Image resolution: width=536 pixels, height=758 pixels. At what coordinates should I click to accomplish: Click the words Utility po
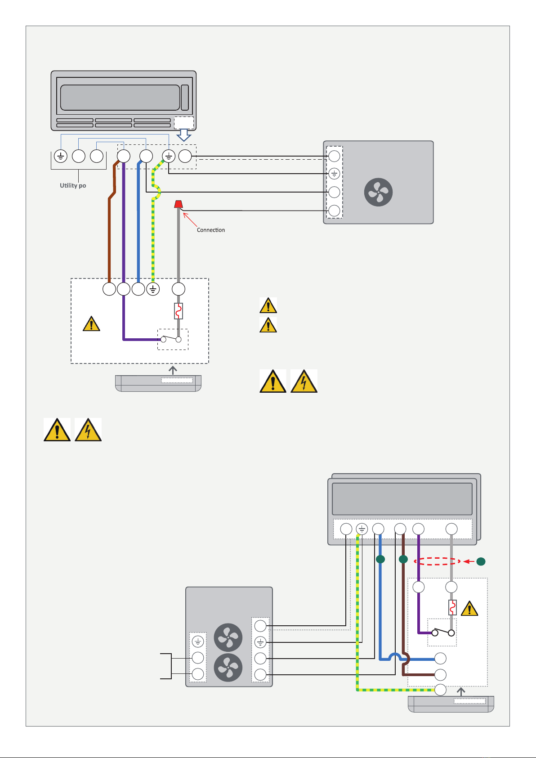pyautogui.click(x=73, y=185)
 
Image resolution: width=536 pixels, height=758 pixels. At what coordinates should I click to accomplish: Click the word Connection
pyautogui.click(x=211, y=230)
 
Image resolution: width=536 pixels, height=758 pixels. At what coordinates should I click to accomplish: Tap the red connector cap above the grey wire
pyautogui.click(x=179, y=204)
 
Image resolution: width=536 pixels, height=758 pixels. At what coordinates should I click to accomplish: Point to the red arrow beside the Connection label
pyautogui.click(x=190, y=220)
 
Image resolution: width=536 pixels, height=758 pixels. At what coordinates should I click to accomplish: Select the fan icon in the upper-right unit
pyautogui.click(x=378, y=192)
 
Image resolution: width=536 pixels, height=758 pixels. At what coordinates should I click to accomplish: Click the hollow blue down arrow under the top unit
pyautogui.click(x=184, y=135)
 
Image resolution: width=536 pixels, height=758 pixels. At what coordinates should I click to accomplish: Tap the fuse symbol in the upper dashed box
pyautogui.click(x=179, y=311)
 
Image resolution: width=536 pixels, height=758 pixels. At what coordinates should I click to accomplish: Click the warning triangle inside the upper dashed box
pyautogui.click(x=91, y=324)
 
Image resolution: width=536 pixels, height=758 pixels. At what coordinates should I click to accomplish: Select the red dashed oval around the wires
pyautogui.click(x=437, y=561)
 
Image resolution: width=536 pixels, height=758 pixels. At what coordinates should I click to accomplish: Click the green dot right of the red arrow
pyautogui.click(x=481, y=562)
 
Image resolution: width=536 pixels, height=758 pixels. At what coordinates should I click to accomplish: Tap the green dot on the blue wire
pyautogui.click(x=380, y=559)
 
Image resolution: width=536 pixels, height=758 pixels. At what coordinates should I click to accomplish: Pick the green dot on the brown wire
pyautogui.click(x=403, y=559)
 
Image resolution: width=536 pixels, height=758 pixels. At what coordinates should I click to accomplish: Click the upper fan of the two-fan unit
pyautogui.click(x=228, y=637)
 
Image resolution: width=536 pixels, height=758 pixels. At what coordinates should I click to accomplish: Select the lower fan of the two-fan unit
pyautogui.click(x=228, y=668)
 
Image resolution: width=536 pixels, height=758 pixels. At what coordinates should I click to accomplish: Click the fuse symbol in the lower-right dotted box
pyautogui.click(x=452, y=607)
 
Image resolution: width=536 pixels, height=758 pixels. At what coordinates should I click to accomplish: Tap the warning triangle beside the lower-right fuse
pyautogui.click(x=469, y=609)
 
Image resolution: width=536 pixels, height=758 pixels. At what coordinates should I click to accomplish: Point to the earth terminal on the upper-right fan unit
pyautogui.click(x=334, y=174)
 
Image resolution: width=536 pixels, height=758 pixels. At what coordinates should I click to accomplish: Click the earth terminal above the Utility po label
pyautogui.click(x=61, y=157)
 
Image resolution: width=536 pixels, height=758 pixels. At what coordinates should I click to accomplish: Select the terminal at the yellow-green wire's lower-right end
pyautogui.click(x=440, y=690)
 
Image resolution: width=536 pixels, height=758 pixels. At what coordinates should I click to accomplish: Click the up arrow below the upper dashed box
pyautogui.click(x=173, y=370)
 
